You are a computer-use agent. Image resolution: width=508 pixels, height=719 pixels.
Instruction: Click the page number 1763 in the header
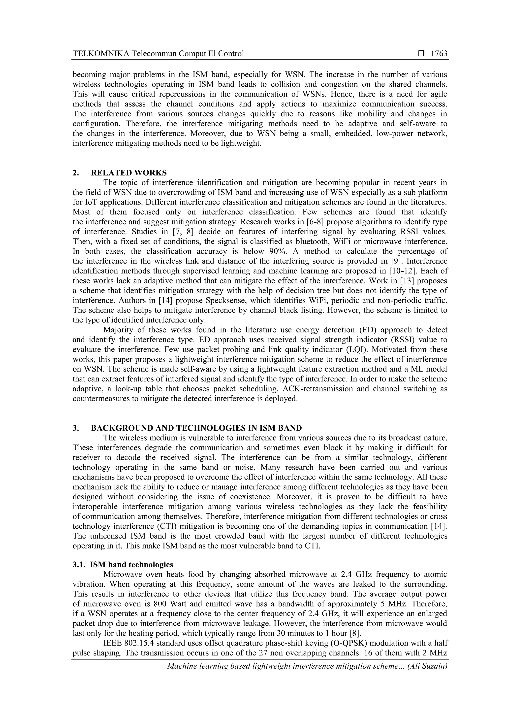[x=439, y=54]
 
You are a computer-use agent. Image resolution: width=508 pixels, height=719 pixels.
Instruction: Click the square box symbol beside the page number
[x=421, y=54]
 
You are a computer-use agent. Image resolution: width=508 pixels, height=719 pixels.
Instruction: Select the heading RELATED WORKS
[x=129, y=172]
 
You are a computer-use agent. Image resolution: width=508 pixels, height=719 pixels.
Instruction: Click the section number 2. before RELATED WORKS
[x=75, y=172]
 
